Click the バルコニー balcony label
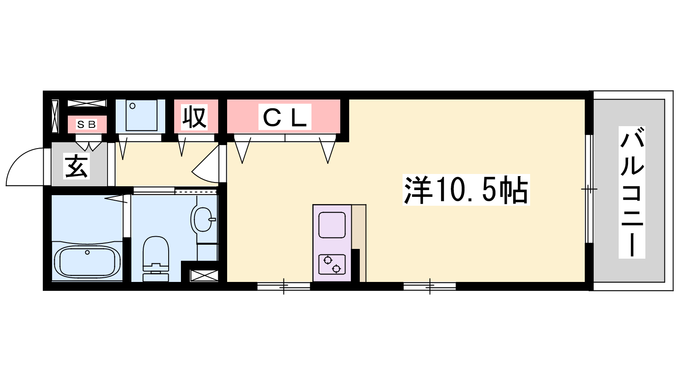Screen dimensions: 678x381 click(x=632, y=192)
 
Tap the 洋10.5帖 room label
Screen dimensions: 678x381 click(x=466, y=190)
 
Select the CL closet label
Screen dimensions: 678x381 click(x=285, y=117)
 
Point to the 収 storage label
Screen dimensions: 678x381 click(x=195, y=117)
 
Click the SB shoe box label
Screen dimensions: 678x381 click(x=86, y=124)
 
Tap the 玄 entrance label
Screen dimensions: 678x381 click(x=77, y=166)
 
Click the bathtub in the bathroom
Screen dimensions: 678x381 click(x=87, y=262)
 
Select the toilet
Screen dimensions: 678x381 click(x=156, y=259)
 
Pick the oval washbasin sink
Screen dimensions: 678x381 click(x=202, y=220)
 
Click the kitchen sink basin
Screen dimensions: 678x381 click(x=332, y=225)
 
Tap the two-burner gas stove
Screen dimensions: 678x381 click(x=332, y=265)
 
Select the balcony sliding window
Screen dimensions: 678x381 click(x=589, y=189)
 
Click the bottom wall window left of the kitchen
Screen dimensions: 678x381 click(x=283, y=286)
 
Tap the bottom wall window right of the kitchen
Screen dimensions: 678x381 click(x=430, y=286)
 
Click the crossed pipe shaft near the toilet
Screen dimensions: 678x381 click(x=204, y=276)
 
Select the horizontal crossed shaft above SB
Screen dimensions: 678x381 click(x=87, y=103)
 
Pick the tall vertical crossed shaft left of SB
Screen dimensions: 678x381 click(x=55, y=116)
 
